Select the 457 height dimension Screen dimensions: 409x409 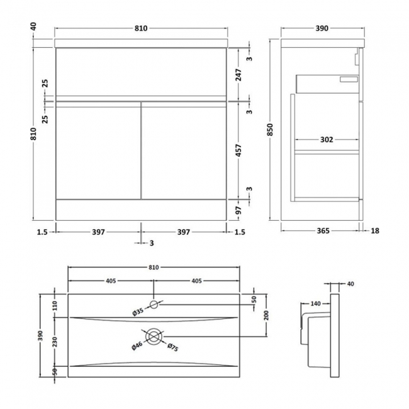click(x=238, y=151)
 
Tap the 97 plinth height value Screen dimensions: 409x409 click(x=238, y=210)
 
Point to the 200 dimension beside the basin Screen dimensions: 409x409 click(x=266, y=315)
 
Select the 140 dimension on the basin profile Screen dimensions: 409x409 click(x=316, y=304)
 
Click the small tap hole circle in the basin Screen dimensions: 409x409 click(x=154, y=305)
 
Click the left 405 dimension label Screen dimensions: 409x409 click(x=111, y=281)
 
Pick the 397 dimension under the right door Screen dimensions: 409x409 click(x=182, y=232)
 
